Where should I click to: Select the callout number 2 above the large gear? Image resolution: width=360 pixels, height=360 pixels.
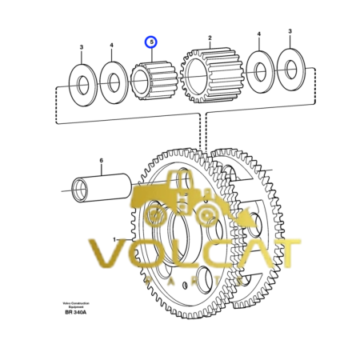(x=210, y=38)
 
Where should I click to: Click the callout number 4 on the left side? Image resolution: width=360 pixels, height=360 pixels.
(x=112, y=46)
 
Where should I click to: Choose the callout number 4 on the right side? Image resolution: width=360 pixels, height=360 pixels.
(x=258, y=34)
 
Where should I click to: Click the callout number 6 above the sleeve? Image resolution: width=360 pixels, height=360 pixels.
(x=101, y=161)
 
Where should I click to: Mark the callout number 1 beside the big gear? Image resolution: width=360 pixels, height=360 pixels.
(x=114, y=239)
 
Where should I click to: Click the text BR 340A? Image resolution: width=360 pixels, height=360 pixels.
(x=76, y=312)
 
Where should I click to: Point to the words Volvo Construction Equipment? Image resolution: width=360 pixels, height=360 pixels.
(x=76, y=303)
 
